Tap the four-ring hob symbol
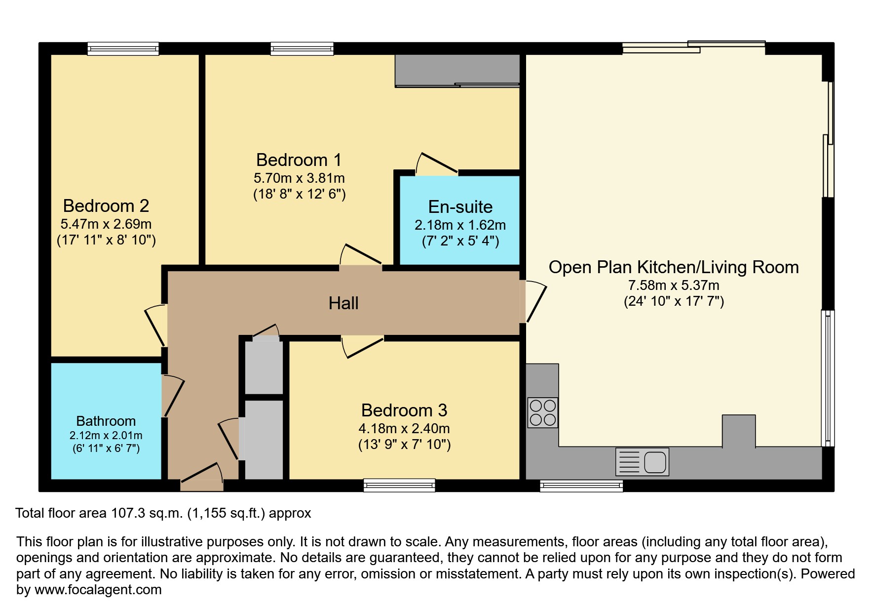542,412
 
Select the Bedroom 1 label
299,160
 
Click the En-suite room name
460,206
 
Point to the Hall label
343,303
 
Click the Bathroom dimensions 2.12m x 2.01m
106,436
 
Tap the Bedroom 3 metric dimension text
404,428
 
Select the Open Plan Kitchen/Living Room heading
673,267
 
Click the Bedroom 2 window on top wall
123,48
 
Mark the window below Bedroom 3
399,485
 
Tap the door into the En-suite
436,165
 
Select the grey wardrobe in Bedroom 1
457,70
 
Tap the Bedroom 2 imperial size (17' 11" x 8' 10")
106,240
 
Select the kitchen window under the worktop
581,486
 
